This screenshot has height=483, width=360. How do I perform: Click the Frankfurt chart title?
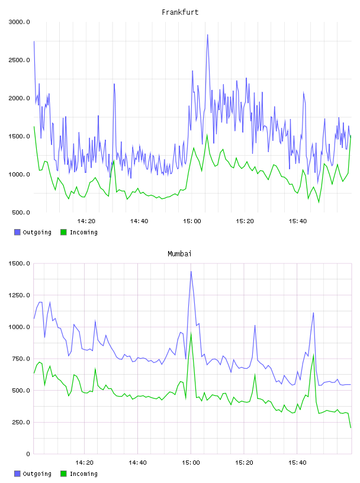tap(180, 12)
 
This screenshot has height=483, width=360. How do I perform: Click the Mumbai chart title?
tap(179, 254)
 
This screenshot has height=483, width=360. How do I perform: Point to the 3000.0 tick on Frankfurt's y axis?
tap(20, 22)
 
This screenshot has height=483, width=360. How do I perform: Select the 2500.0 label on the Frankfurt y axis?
tap(20, 60)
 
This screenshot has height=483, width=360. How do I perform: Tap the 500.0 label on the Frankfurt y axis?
tap(21, 212)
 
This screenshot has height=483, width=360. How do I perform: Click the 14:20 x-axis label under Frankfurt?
tap(86, 221)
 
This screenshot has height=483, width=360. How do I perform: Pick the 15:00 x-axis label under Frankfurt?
tap(192, 221)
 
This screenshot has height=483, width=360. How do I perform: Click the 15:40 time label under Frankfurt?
tap(298, 221)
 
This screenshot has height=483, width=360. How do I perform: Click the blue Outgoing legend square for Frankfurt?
tap(17, 232)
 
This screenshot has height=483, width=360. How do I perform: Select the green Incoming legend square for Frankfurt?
tap(63, 232)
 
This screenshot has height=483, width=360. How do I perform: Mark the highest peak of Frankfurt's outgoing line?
tap(207, 34)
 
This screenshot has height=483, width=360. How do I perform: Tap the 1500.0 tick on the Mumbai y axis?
tap(20, 263)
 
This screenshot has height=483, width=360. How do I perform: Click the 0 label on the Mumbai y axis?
tap(28, 454)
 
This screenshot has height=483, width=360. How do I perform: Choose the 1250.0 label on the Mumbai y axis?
tap(20, 295)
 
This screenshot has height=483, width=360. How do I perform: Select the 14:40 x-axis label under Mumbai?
tap(137, 463)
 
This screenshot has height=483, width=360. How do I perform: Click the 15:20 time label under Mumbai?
tap(244, 463)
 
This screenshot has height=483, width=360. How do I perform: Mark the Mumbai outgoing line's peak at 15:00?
tap(191, 271)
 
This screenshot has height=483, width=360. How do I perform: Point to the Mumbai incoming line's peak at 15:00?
tap(191, 333)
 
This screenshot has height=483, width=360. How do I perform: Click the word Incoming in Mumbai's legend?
tap(83, 474)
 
